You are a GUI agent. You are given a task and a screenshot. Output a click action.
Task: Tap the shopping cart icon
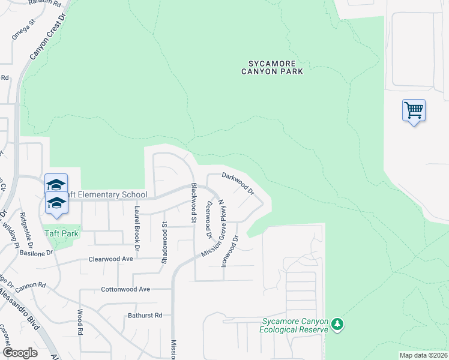pos(414,110)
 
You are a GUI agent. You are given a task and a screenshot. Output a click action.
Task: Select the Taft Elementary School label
pos(105,194)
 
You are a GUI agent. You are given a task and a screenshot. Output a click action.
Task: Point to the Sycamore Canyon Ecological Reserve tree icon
pos(338,324)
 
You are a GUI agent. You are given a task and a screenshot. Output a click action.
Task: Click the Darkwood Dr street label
pos(238,184)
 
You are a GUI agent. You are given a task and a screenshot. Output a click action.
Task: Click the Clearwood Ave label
pos(110,259)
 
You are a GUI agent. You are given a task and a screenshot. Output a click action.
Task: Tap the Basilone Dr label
pos(36,253)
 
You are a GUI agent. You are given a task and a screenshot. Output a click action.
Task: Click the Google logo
pos(20,353)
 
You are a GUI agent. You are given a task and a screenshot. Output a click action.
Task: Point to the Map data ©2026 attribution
pos(423,355)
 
